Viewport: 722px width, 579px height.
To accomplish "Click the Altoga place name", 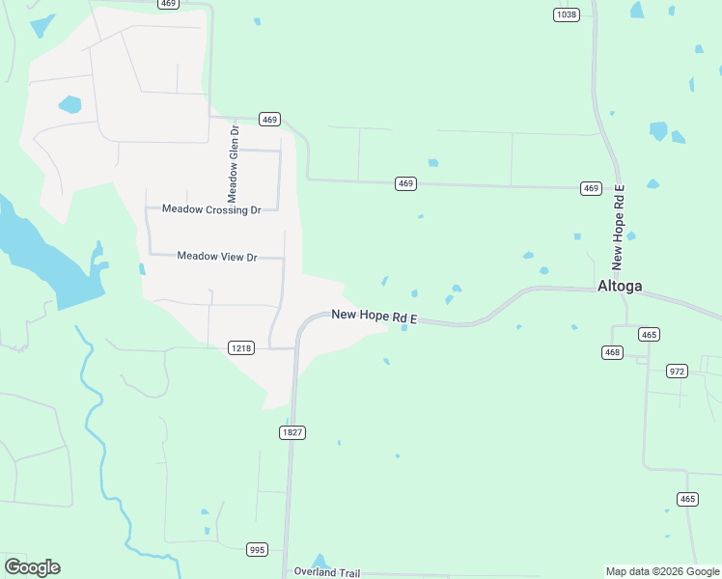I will point(620,286).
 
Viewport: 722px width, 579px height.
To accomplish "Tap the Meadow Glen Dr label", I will point(233,162).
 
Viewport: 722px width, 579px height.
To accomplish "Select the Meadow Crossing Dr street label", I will point(211,208).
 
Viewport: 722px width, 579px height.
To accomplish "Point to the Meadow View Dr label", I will point(217,257).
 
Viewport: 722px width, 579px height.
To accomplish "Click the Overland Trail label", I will point(326,572).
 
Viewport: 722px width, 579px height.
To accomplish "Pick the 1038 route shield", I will point(567,14).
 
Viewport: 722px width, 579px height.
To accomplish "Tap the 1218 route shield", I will point(241,347).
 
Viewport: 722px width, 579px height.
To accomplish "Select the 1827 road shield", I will point(293,432).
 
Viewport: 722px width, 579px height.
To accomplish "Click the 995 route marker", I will point(257,549).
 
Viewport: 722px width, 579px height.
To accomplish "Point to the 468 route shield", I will point(612,353).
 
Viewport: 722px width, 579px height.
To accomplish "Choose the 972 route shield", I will point(678,371).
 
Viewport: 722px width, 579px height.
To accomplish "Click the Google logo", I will point(32,567).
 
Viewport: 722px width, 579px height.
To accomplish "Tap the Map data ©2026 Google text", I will point(662,571).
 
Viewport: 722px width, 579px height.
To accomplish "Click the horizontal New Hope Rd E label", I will point(375,316).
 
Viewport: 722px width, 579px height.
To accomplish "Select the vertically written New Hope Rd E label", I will point(619,228).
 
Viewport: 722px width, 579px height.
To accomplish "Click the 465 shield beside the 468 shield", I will point(649,334).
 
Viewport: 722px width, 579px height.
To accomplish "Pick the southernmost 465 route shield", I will point(687,499).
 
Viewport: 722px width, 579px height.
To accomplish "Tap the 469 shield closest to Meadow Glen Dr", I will point(269,119).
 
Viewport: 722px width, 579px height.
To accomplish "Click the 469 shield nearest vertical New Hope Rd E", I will point(591,188).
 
